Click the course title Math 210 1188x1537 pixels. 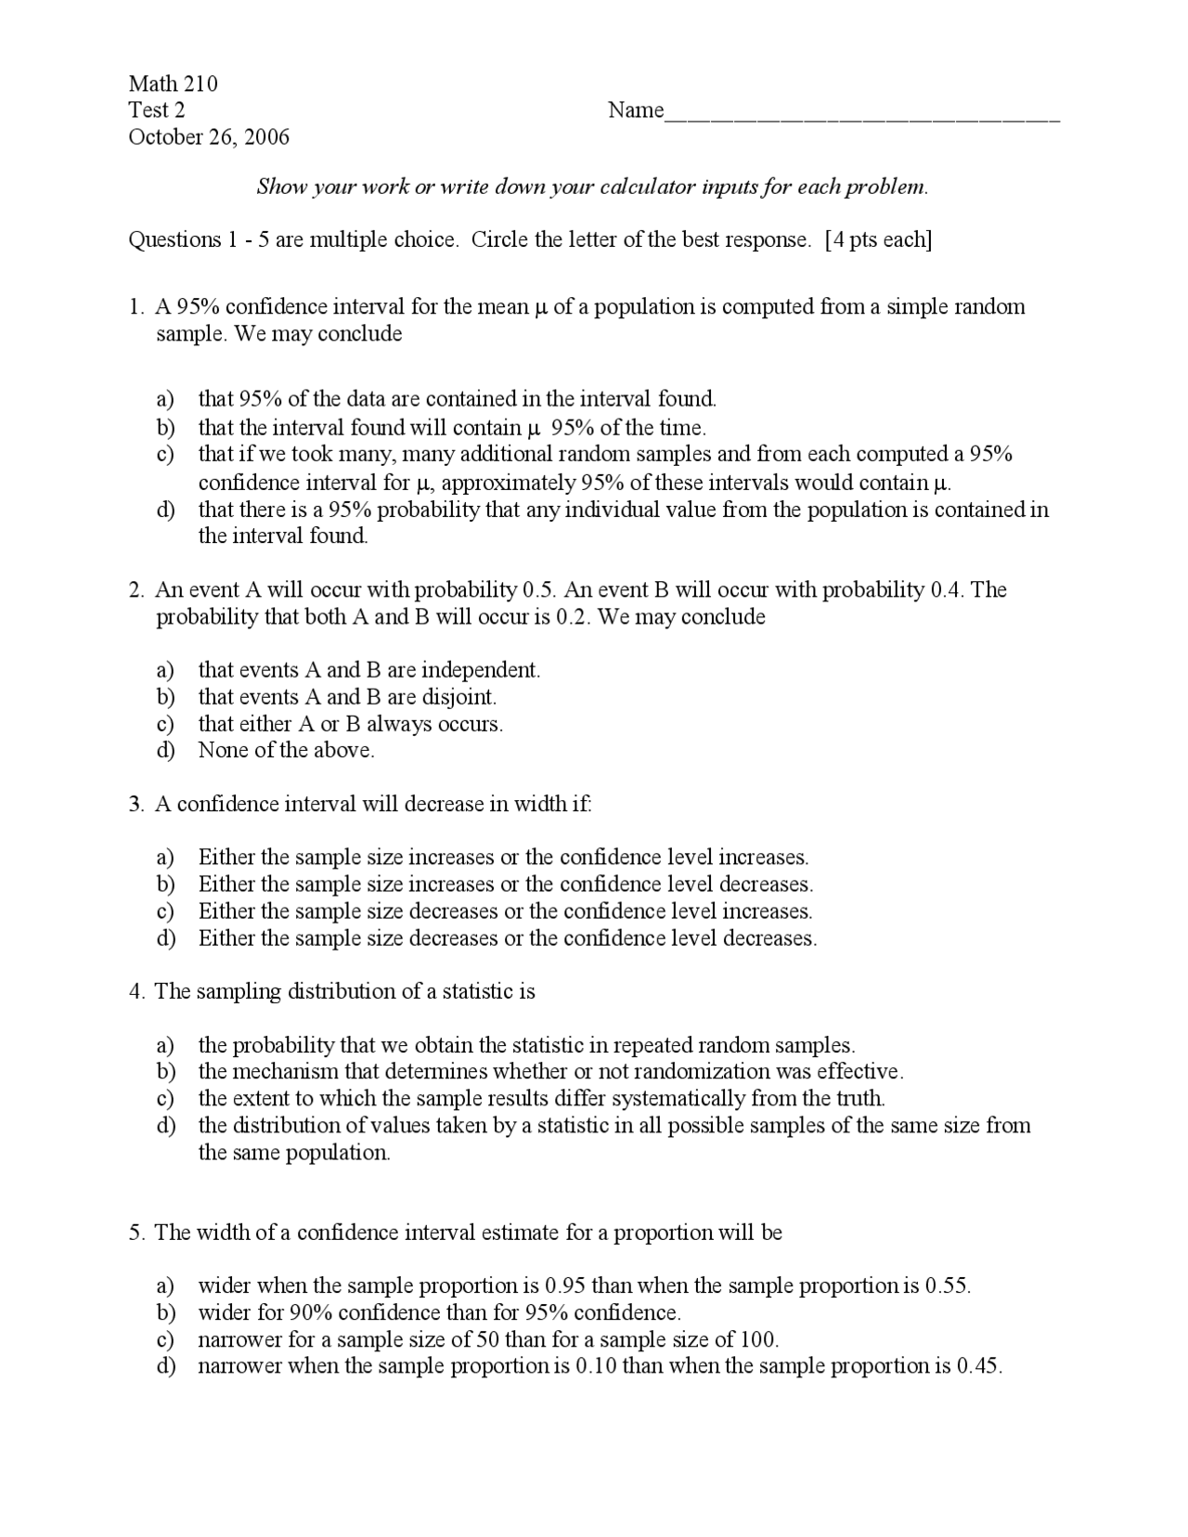point(174,84)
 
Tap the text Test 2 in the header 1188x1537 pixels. point(156,110)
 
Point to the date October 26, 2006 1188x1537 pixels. point(209,137)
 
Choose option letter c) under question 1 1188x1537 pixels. point(165,455)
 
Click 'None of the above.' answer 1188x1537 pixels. point(287,751)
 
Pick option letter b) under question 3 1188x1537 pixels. point(165,885)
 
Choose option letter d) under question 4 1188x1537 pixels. point(165,1126)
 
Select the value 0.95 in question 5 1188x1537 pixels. point(565,1286)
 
